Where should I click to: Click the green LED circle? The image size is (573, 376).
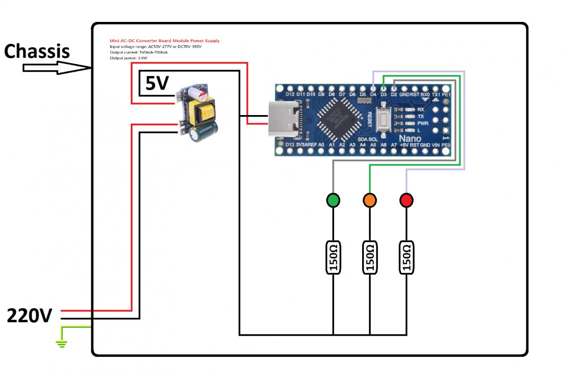(x=333, y=200)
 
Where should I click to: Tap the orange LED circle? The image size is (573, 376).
(x=370, y=200)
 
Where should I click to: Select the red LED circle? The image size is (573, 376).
(x=406, y=200)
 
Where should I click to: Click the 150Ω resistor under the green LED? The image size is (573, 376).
(x=333, y=258)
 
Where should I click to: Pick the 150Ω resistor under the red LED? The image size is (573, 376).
(x=406, y=258)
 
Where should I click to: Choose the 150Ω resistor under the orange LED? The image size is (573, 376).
(x=370, y=258)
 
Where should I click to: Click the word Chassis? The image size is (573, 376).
(x=37, y=51)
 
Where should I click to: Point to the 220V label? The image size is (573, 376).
(x=30, y=316)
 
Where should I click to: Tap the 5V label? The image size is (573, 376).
(x=157, y=83)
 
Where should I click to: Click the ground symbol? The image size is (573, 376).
(x=61, y=343)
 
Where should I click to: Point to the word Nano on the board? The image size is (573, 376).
(x=410, y=139)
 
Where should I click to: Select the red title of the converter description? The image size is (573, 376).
(x=164, y=41)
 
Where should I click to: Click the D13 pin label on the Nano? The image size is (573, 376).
(x=290, y=145)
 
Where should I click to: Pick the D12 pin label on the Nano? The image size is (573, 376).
(x=290, y=94)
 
